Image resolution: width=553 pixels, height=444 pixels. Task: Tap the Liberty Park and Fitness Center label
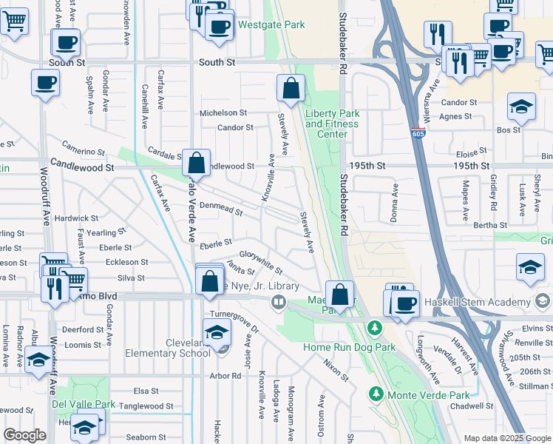(x=333, y=124)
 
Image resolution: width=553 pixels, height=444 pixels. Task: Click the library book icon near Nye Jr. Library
(x=278, y=301)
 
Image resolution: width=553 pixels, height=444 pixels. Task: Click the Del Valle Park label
(x=84, y=405)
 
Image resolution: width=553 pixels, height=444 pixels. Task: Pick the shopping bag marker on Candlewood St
(x=197, y=162)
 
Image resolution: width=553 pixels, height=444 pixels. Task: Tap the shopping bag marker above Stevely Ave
(x=291, y=88)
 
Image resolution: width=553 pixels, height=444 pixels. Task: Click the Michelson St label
(x=223, y=113)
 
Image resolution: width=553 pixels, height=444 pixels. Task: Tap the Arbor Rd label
(x=225, y=376)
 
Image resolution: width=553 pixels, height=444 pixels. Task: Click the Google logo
(x=24, y=435)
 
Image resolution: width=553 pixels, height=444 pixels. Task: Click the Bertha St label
(x=490, y=225)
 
